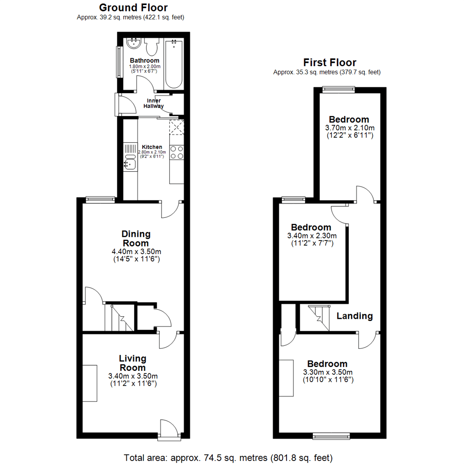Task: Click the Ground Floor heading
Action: coord(133,7)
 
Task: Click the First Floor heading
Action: coord(330,63)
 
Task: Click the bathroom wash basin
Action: coord(134,43)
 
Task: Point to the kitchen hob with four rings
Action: coord(177,153)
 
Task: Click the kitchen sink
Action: coord(130,164)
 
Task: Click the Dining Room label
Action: coord(136,238)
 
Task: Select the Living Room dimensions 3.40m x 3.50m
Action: coord(133,376)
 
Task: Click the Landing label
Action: coord(354,316)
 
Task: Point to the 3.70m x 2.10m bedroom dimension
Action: coord(349,128)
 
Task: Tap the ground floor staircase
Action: coord(119,317)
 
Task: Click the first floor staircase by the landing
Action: coord(319,318)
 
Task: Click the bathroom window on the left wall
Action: coord(117,63)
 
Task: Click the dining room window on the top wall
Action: coord(100,199)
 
